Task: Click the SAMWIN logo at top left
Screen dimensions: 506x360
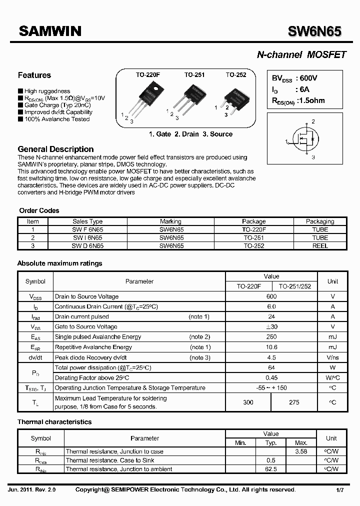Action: coord(49,31)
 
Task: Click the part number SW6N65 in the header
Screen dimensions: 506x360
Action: coord(314,31)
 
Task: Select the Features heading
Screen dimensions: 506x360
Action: coord(34,75)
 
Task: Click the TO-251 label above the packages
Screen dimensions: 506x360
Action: coord(194,75)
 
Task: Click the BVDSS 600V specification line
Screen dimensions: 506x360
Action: coord(294,78)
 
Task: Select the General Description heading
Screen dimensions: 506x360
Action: coord(55,149)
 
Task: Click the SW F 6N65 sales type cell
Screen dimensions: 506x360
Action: coord(87,229)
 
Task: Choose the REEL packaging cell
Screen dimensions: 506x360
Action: coord(320,245)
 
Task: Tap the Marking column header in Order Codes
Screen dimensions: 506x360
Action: coord(171,221)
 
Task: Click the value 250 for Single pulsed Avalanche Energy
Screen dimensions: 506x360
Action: coord(271,337)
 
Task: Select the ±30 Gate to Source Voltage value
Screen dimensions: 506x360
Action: coord(271,327)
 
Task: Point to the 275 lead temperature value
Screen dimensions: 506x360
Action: coord(294,402)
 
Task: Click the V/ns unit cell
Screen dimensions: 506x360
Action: coord(332,357)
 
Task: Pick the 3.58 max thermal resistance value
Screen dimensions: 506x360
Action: coord(301,451)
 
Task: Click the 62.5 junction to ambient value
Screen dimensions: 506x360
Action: coord(270,469)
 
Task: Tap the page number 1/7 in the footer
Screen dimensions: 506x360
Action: coord(340,490)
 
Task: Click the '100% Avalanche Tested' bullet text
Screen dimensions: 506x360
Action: coord(57,119)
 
